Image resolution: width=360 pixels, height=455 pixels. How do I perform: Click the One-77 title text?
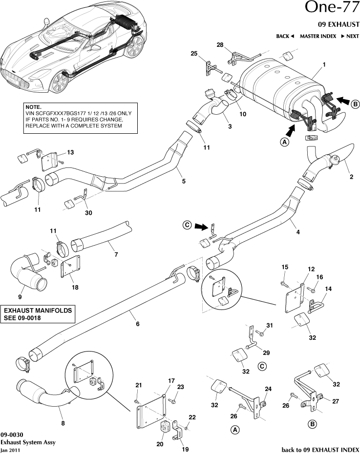pyautogui.click(x=332, y=8)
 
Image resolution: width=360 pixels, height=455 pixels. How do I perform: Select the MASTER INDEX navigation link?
pyautogui.click(x=318, y=36)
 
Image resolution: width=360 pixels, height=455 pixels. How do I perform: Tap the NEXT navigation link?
pyautogui.click(x=350, y=36)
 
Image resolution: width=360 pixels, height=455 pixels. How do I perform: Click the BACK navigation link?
pyautogui.click(x=284, y=36)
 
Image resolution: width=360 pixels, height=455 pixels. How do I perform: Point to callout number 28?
pyautogui.click(x=220, y=45)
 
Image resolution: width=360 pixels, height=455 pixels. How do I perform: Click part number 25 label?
pyautogui.click(x=194, y=53)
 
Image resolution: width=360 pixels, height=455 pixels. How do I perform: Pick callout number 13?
pyautogui.click(x=70, y=153)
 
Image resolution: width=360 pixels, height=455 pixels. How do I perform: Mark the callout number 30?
pyautogui.click(x=88, y=213)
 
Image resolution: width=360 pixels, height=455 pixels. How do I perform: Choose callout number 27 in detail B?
pyautogui.click(x=336, y=402)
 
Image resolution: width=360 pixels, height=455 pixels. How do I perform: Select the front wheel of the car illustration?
pyautogui.click(x=59, y=82)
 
